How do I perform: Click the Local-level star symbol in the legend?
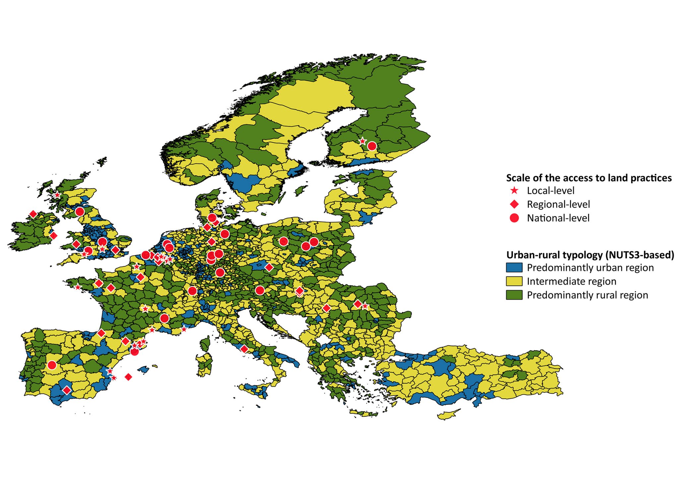(x=514, y=191)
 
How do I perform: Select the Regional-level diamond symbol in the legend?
(x=514, y=204)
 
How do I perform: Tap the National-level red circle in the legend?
(x=514, y=218)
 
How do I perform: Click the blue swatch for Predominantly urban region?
(x=514, y=268)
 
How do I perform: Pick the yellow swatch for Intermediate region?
(x=514, y=281)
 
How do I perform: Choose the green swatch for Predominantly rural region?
(x=514, y=295)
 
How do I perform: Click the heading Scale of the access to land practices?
(x=588, y=178)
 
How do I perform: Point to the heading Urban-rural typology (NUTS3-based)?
(x=590, y=255)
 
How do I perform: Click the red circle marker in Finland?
(x=372, y=146)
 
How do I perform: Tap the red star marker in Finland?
(x=362, y=141)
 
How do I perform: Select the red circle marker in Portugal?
(x=52, y=365)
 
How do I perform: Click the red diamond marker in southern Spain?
(x=67, y=390)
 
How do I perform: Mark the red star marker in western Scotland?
(x=57, y=195)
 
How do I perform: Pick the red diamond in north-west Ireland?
(x=33, y=214)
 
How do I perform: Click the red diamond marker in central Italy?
(x=244, y=349)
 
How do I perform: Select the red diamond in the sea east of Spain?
(x=129, y=377)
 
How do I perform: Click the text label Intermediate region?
(x=571, y=281)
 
